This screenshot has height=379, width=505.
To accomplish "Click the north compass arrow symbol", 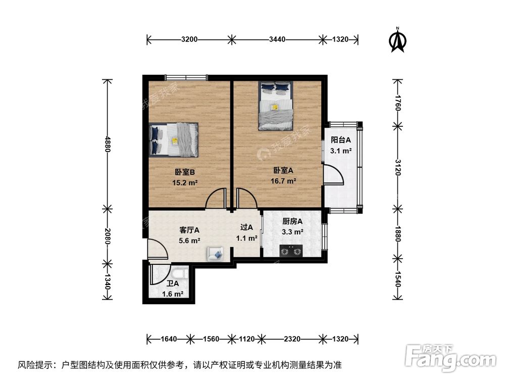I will [398, 40].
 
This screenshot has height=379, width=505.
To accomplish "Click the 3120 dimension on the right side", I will [397, 166].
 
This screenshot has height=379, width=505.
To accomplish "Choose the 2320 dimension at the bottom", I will [291, 339].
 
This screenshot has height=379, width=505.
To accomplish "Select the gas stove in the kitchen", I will [290, 250].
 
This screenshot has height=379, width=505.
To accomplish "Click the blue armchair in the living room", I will [215, 254].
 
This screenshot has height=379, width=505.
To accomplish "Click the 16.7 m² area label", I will [284, 180].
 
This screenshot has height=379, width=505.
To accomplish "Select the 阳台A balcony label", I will [340, 140].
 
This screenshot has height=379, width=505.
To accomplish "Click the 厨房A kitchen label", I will [292, 221].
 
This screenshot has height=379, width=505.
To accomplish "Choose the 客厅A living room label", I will [190, 230].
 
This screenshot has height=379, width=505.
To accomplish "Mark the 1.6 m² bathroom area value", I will [172, 294].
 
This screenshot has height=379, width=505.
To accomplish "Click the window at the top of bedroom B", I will [186, 77].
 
